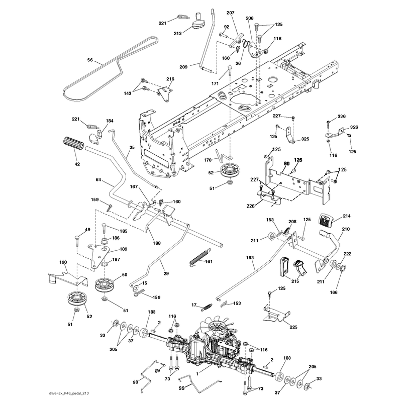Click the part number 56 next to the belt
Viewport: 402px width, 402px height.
point(90,60)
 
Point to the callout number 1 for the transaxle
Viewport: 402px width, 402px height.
point(197,374)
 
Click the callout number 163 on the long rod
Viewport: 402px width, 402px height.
point(250,258)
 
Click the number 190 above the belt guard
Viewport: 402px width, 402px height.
point(63,262)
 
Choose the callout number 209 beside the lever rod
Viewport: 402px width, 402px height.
point(183,67)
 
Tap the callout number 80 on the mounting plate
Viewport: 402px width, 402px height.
point(286,164)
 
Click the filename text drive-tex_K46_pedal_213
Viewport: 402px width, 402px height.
point(69,393)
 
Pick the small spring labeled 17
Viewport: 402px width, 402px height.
point(207,307)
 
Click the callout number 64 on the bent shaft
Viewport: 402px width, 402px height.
point(98,180)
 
